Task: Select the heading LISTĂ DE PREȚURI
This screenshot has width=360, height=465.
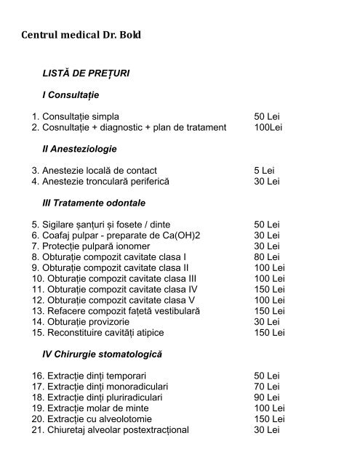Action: click(87, 74)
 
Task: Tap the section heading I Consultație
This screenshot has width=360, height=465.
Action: click(71, 95)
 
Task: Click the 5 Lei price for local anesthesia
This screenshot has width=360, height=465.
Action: click(263, 170)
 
